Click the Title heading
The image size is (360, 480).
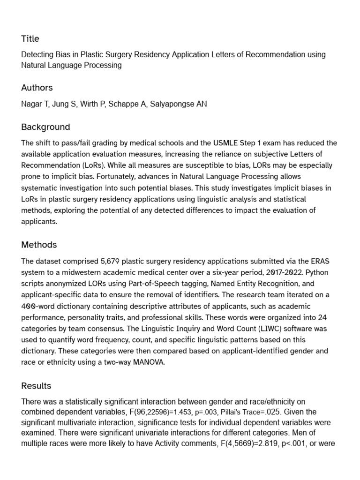click(30, 38)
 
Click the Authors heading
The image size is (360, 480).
click(37, 88)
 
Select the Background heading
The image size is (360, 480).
click(45, 127)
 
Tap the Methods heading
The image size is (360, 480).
click(39, 245)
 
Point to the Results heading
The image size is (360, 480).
click(36, 386)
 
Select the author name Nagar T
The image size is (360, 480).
click(34, 104)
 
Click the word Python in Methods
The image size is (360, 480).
click(323, 272)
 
